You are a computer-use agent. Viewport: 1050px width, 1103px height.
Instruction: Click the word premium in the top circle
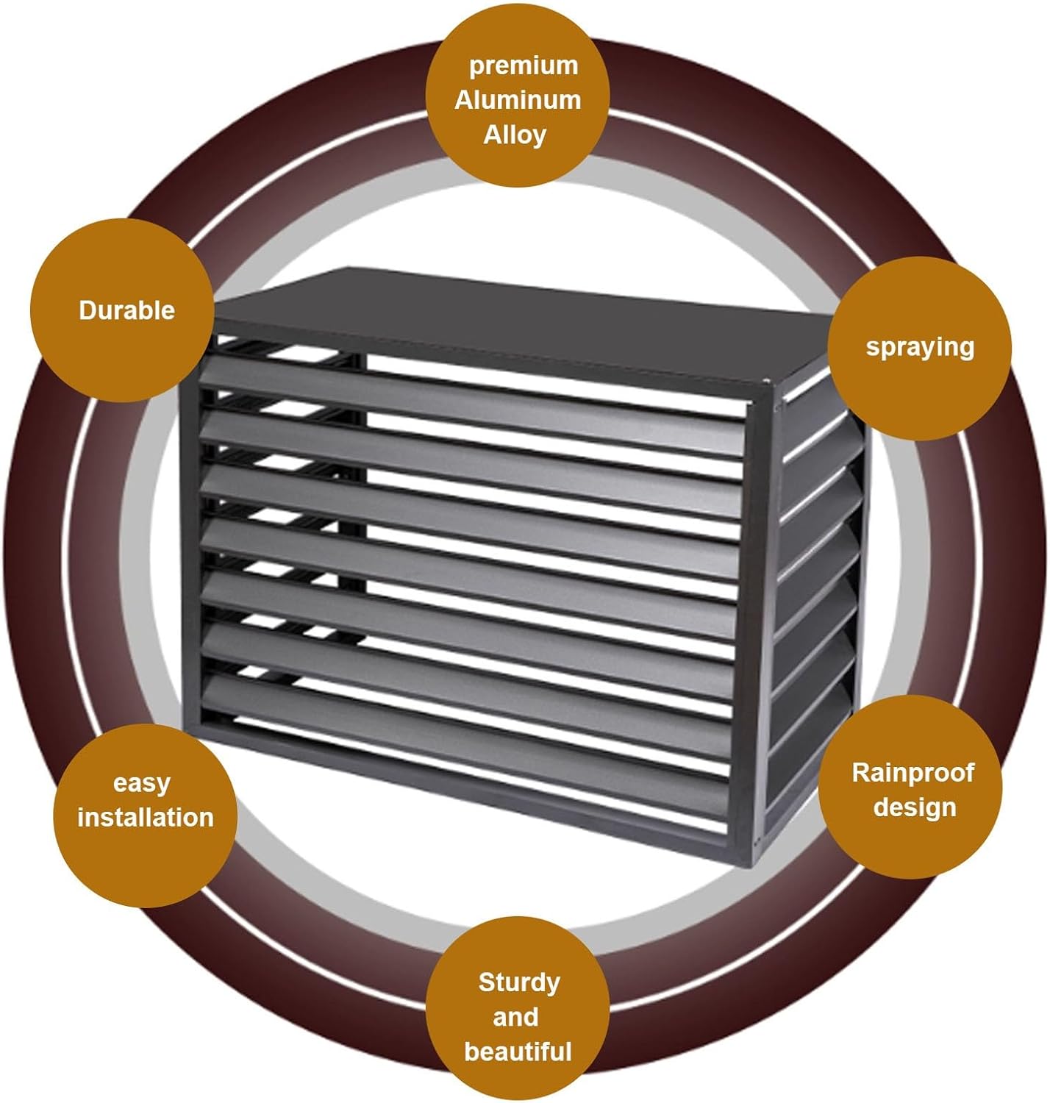523,67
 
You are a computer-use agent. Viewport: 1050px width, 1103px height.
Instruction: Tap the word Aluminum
518,101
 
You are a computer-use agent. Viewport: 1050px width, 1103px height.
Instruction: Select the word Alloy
515,136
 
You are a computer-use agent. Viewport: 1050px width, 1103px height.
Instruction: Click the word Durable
126,310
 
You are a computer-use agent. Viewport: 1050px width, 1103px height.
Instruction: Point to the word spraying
920,348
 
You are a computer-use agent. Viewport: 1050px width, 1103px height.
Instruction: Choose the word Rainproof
913,773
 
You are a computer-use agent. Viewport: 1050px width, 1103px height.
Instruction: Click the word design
915,808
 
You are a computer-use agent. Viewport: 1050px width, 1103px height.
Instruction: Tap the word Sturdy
519,983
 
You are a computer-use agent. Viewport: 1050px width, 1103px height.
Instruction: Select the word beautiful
518,1052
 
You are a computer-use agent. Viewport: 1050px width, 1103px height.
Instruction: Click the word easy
141,784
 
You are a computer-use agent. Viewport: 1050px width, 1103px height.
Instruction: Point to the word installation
146,818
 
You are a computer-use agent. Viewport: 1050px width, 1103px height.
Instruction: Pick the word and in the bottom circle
515,1017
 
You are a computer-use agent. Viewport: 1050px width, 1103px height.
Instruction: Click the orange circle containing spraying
919,349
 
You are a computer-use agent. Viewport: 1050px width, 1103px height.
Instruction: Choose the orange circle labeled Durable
122,310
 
